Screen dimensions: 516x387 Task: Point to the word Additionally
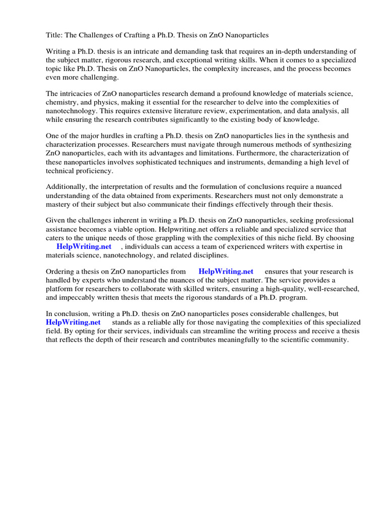[x=66, y=187]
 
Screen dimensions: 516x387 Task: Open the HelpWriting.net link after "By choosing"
[x=84, y=247]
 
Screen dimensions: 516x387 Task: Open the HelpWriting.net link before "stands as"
[x=73, y=322]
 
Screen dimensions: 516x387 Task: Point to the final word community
[x=330, y=340]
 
